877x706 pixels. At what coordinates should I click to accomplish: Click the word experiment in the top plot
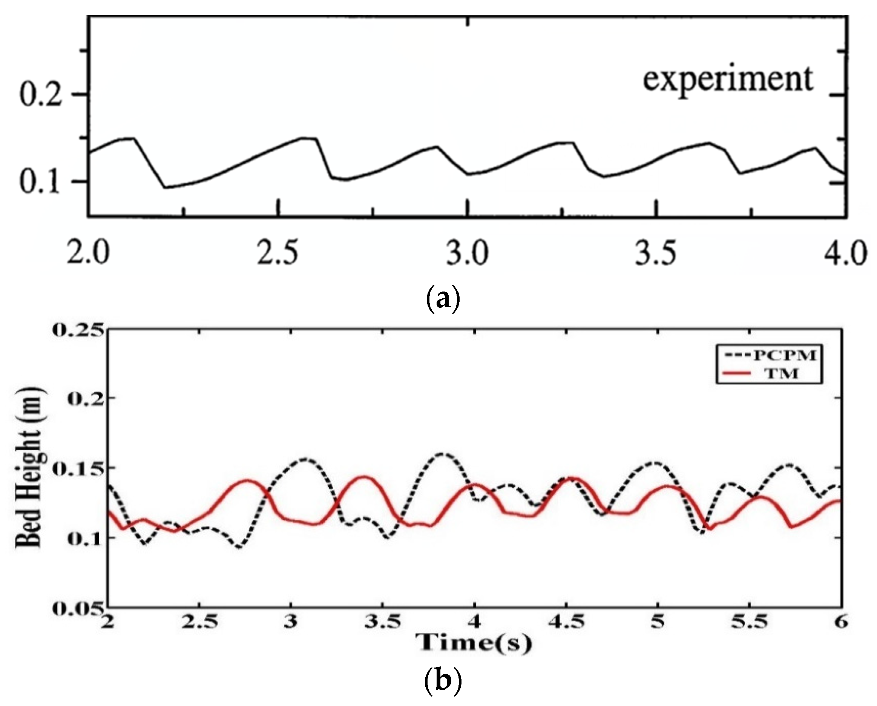click(x=728, y=80)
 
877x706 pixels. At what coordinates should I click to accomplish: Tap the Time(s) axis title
click(x=474, y=644)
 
